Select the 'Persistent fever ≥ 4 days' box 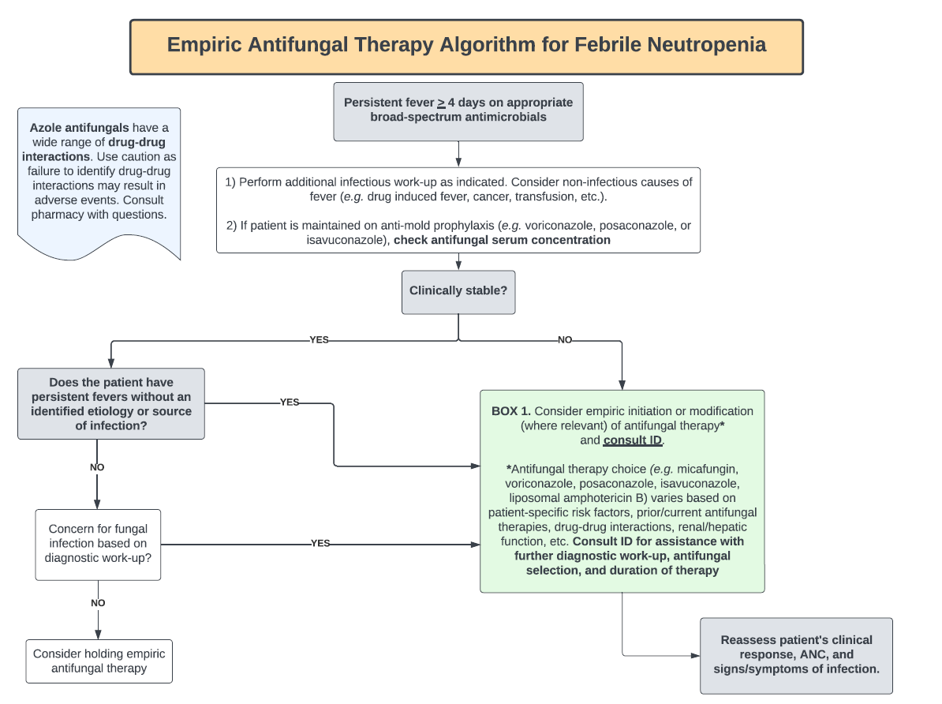pyautogui.click(x=458, y=110)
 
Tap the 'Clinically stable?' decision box pyautogui.click(x=458, y=290)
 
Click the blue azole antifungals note pyautogui.click(x=99, y=178)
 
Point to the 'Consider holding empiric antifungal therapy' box pyautogui.click(x=99, y=661)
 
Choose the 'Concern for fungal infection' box pyautogui.click(x=98, y=543)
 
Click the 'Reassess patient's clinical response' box pyautogui.click(x=796, y=654)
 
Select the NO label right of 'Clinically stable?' pyautogui.click(x=565, y=340)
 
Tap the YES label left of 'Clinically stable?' pyautogui.click(x=319, y=340)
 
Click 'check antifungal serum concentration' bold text pyautogui.click(x=502, y=240)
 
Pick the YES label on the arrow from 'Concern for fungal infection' pyautogui.click(x=320, y=544)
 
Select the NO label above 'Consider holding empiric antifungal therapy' pyautogui.click(x=98, y=603)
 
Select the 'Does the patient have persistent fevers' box pyautogui.click(x=111, y=403)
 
